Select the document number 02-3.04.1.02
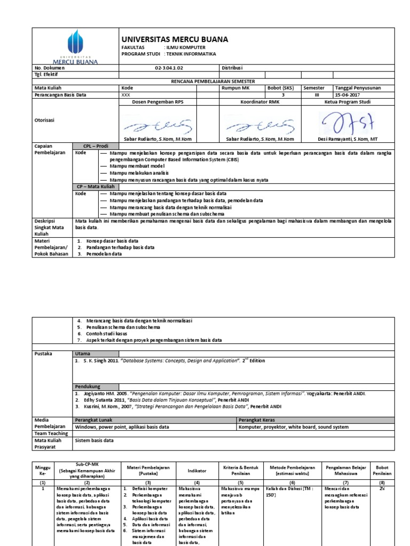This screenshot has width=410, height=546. [168, 68]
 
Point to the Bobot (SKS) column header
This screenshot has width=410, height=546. [280, 88]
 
